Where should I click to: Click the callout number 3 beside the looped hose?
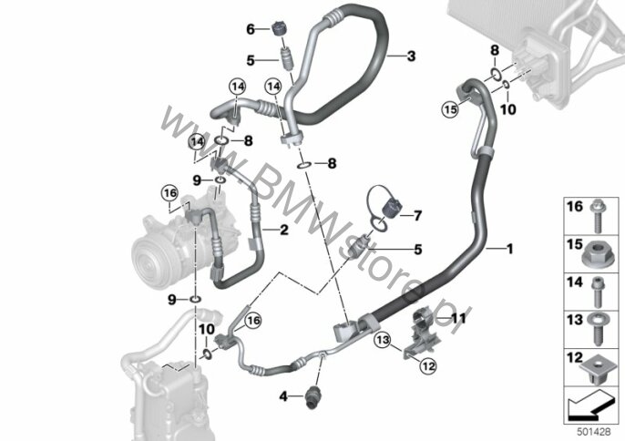click(x=411, y=56)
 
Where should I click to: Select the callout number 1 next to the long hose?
click(x=509, y=249)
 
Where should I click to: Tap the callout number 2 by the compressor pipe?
click(x=284, y=230)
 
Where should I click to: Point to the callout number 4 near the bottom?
click(x=283, y=396)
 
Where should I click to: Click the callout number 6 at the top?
click(x=251, y=29)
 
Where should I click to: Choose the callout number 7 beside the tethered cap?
click(x=417, y=216)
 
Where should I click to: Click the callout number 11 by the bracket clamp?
click(x=458, y=318)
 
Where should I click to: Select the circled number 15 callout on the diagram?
click(x=450, y=109)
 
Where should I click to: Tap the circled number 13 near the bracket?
click(x=383, y=340)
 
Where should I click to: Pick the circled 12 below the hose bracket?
click(x=427, y=365)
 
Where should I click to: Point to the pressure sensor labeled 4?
click(x=312, y=397)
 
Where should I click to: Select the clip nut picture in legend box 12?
click(x=596, y=372)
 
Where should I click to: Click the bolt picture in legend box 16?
click(x=599, y=216)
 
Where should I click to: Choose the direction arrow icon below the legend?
click(x=590, y=405)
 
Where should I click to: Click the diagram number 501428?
click(x=594, y=432)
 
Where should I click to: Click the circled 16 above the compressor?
click(x=169, y=194)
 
